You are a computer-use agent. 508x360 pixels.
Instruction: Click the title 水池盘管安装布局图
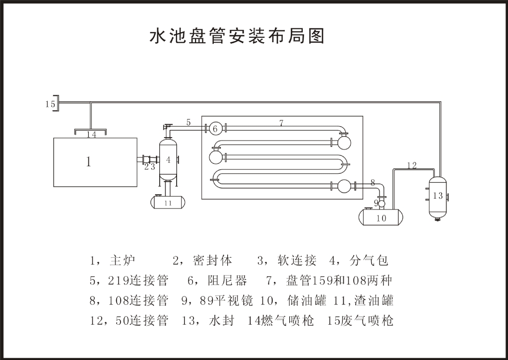[237, 36]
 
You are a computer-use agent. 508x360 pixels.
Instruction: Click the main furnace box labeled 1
[95, 162]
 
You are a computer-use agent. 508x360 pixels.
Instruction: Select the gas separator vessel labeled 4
[168, 160]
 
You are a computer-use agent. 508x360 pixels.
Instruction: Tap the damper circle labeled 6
[215, 129]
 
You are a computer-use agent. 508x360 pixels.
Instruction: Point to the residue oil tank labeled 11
[168, 202]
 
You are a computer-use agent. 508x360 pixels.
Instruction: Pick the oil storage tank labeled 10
[381, 217]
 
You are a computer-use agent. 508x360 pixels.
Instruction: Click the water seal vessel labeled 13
[437, 196]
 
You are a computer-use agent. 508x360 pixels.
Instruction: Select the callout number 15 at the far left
[50, 104]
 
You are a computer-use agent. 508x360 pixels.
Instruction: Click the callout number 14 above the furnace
[91, 135]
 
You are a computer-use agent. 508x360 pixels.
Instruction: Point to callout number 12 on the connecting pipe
[412, 165]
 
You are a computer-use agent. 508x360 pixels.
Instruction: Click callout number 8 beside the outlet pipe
[373, 182]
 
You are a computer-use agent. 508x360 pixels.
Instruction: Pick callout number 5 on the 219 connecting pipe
[189, 122]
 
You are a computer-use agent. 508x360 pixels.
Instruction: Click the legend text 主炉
[122, 260]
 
